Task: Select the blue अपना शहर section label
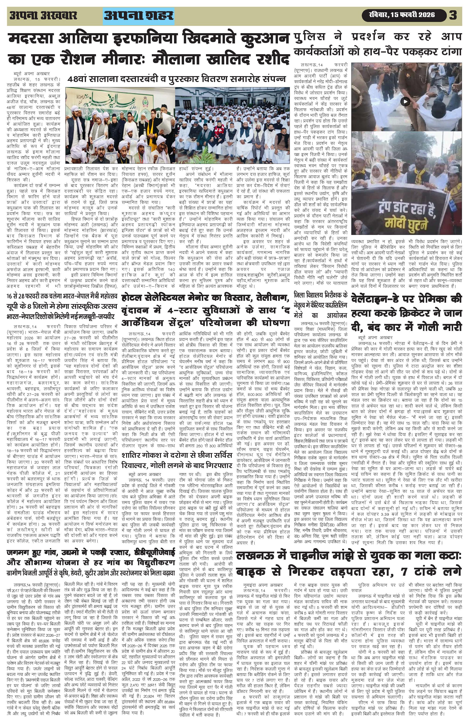coord(139,15)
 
